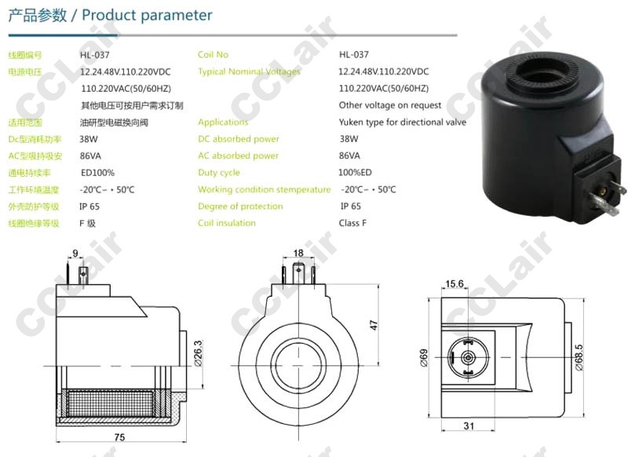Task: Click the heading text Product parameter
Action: [x=147, y=15]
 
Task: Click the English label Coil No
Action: [x=213, y=54]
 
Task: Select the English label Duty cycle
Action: [x=219, y=173]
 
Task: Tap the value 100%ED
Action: [x=355, y=172]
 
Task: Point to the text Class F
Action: [x=352, y=223]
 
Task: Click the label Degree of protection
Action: [x=240, y=207]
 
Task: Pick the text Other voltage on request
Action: [x=389, y=105]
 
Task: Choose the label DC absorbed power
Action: [x=239, y=139]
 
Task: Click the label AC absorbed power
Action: [x=238, y=155]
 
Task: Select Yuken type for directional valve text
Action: [x=403, y=122]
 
